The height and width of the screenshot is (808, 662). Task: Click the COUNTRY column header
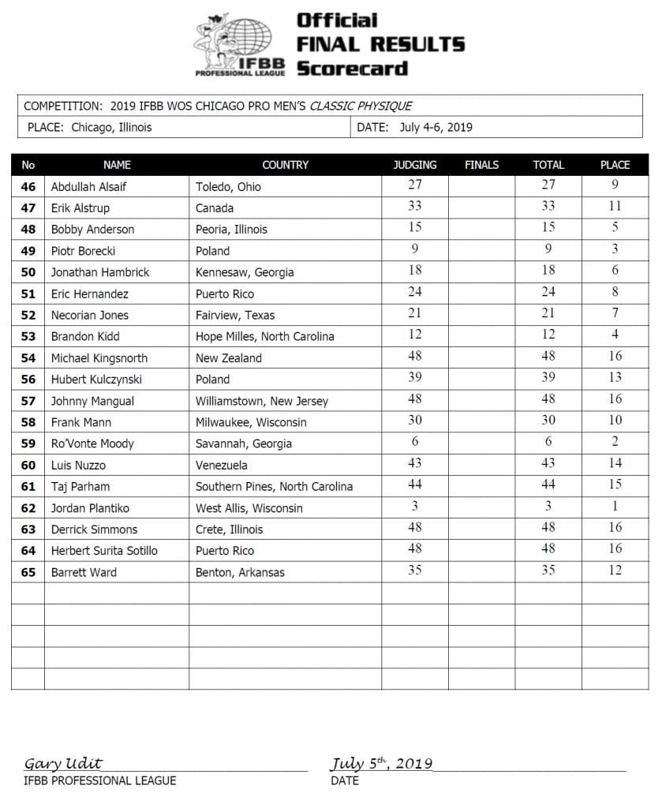[x=285, y=165]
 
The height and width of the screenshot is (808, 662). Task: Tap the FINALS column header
[x=481, y=165]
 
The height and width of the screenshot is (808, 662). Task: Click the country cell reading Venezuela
[x=222, y=466]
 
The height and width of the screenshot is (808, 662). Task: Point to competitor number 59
[x=28, y=443]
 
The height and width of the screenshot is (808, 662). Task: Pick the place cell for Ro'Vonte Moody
[x=615, y=443]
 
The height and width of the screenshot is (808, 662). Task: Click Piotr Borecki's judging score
[x=414, y=250]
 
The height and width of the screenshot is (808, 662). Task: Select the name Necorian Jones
[x=90, y=315]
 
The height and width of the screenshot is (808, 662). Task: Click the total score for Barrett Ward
[x=548, y=570]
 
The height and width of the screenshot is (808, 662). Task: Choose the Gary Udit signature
[x=63, y=763]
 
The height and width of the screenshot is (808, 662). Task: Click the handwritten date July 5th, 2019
[x=381, y=763]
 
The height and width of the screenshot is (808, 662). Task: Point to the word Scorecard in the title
[x=352, y=68]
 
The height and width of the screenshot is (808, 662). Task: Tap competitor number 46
[x=28, y=187]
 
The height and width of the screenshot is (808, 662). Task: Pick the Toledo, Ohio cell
[x=228, y=187]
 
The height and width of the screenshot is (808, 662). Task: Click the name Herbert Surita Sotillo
[x=104, y=551]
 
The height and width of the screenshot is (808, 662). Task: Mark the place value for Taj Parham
[x=615, y=485]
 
